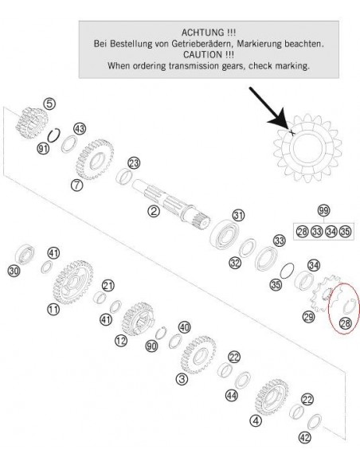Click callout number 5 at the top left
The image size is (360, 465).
pyautogui.click(x=49, y=104)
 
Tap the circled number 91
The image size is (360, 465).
pyautogui.click(x=43, y=148)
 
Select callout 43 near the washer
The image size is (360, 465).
pyautogui.click(x=80, y=129)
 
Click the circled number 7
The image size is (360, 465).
pyautogui.click(x=76, y=185)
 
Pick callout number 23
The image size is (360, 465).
pyautogui.click(x=134, y=163)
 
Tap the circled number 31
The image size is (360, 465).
pyautogui.click(x=239, y=215)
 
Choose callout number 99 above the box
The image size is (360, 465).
pyautogui.click(x=323, y=210)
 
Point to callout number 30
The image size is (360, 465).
pyautogui.click(x=14, y=271)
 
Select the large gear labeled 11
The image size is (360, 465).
pyautogui.click(x=73, y=282)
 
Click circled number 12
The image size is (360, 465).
pyautogui.click(x=121, y=341)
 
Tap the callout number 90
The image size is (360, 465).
pyautogui.click(x=151, y=346)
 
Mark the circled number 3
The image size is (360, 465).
pyautogui.click(x=182, y=379)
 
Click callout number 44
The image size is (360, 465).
pyautogui.click(x=232, y=395)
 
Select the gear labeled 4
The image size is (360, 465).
pyautogui.click(x=272, y=397)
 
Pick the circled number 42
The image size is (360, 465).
pyautogui.click(x=305, y=437)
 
